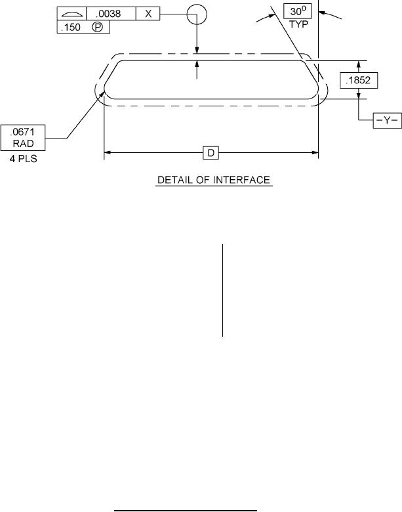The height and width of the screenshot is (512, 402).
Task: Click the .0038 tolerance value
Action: click(x=108, y=14)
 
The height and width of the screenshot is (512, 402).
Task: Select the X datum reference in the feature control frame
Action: click(x=148, y=14)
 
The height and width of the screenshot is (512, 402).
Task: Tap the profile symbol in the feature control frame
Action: click(x=71, y=14)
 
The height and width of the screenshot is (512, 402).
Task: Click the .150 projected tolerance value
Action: click(x=70, y=27)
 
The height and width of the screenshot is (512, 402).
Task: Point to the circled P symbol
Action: click(x=97, y=27)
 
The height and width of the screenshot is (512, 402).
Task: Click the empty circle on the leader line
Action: click(x=197, y=14)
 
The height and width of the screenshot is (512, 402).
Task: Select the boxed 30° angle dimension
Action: click(x=297, y=11)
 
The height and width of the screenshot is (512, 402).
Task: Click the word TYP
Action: click(x=298, y=24)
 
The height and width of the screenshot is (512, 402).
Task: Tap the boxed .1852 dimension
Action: click(x=359, y=80)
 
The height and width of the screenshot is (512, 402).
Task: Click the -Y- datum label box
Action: click(x=388, y=121)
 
